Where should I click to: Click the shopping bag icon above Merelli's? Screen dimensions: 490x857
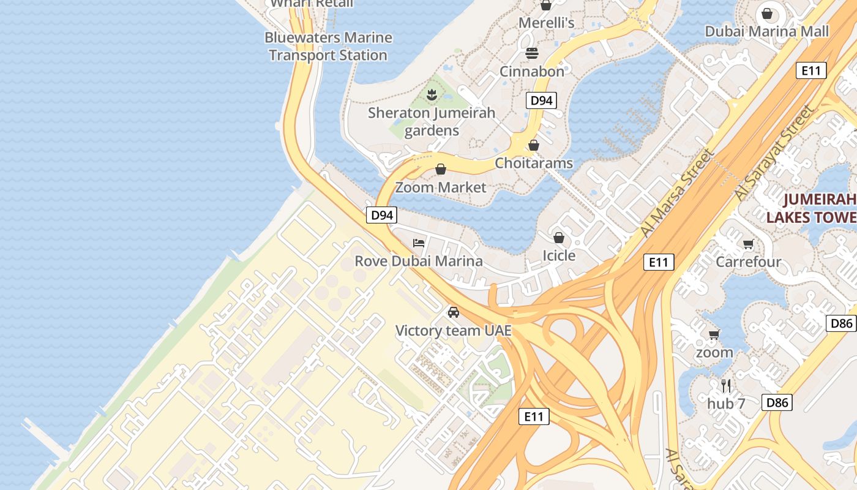tap(546, 6)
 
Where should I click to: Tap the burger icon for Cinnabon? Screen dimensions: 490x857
tap(531, 53)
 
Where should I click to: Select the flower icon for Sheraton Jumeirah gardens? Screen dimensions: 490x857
tap(432, 94)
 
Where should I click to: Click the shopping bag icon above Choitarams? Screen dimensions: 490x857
tap(534, 145)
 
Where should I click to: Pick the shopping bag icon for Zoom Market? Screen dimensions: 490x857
tap(441, 169)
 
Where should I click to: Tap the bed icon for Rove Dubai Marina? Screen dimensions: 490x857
tap(419, 243)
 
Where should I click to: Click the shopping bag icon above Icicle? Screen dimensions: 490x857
tap(558, 237)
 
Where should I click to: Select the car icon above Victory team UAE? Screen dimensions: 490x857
tap(453, 312)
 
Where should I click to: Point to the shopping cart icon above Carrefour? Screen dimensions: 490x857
tap(748, 244)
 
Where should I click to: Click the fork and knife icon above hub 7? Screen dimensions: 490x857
tap(726, 385)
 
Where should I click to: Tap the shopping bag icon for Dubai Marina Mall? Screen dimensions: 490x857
tap(767, 13)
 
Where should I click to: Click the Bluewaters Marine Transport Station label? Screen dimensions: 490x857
tap(328, 47)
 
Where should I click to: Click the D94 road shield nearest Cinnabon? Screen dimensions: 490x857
tap(541, 100)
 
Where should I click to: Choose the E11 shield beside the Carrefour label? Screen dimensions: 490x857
tap(659, 262)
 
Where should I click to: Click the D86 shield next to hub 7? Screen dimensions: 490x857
tap(777, 402)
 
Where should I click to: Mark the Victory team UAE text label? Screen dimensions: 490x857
tap(453, 331)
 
